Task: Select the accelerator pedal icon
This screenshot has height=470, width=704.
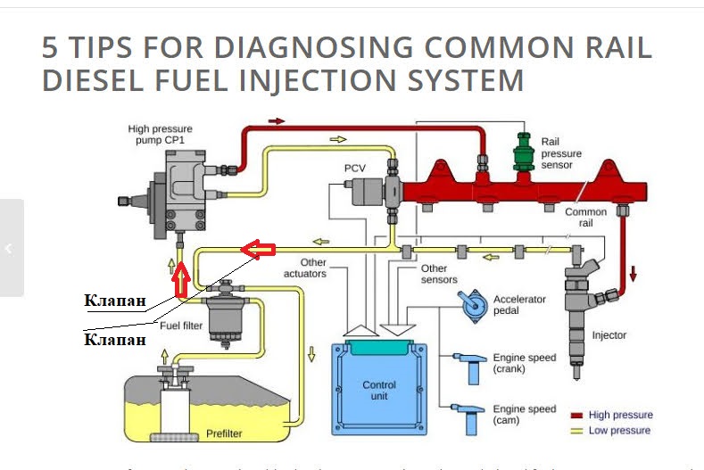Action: click(472, 304)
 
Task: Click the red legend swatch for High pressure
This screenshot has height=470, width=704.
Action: click(577, 416)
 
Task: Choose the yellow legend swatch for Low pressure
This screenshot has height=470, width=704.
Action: click(577, 432)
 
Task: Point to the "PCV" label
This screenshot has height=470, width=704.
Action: click(355, 168)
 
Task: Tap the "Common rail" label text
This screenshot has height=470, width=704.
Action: click(585, 218)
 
